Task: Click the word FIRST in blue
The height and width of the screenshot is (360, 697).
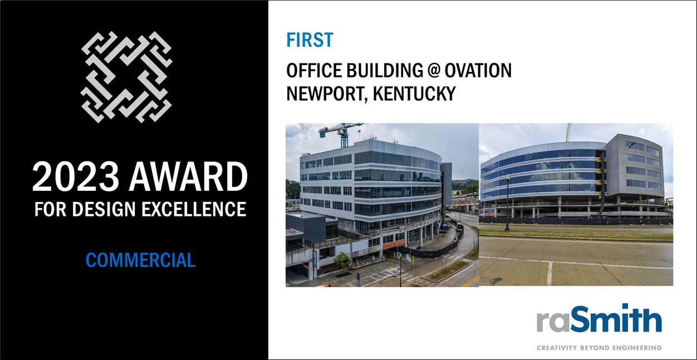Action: [310, 40]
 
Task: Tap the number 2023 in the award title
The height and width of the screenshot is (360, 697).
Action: [75, 176]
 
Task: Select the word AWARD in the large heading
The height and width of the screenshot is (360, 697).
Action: [188, 176]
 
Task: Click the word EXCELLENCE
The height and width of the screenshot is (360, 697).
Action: [194, 209]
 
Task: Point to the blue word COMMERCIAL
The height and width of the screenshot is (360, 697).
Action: [140, 260]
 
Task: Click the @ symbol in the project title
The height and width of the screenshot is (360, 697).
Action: [434, 71]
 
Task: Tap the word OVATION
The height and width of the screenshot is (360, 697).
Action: [478, 71]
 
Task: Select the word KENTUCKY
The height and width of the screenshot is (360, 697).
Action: [414, 93]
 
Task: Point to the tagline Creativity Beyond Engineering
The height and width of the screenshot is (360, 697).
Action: [599, 348]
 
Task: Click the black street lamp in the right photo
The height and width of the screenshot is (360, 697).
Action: [507, 202]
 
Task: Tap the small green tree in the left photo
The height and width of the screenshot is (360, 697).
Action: [342, 260]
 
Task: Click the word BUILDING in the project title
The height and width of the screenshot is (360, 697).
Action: [385, 71]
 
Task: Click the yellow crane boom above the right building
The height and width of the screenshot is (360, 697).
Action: [569, 132]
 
